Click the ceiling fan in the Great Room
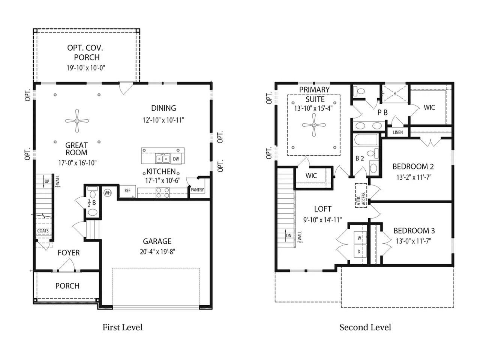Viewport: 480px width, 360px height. point(77,121)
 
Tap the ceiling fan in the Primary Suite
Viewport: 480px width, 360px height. point(314,125)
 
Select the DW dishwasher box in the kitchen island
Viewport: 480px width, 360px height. point(176,159)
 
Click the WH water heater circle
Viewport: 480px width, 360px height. point(108,193)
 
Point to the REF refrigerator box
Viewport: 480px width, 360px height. point(127,191)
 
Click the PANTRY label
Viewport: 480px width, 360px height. point(197,190)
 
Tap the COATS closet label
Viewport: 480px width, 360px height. point(43,231)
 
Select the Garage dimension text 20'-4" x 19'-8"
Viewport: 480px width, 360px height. point(157,252)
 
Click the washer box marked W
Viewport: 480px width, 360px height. point(360,238)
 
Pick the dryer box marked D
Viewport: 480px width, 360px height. point(360,251)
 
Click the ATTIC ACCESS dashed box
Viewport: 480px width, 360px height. point(361,195)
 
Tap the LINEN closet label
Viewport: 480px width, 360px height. point(398,132)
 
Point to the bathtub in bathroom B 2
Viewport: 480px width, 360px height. point(366,140)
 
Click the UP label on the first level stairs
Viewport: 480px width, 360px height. point(47,181)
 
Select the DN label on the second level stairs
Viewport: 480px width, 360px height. point(289,235)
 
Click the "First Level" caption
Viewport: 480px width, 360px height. point(123,327)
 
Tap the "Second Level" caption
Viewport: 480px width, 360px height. point(365,327)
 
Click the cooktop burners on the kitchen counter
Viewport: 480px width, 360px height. point(163,193)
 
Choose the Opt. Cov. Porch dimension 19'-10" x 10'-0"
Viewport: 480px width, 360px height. point(86,68)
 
